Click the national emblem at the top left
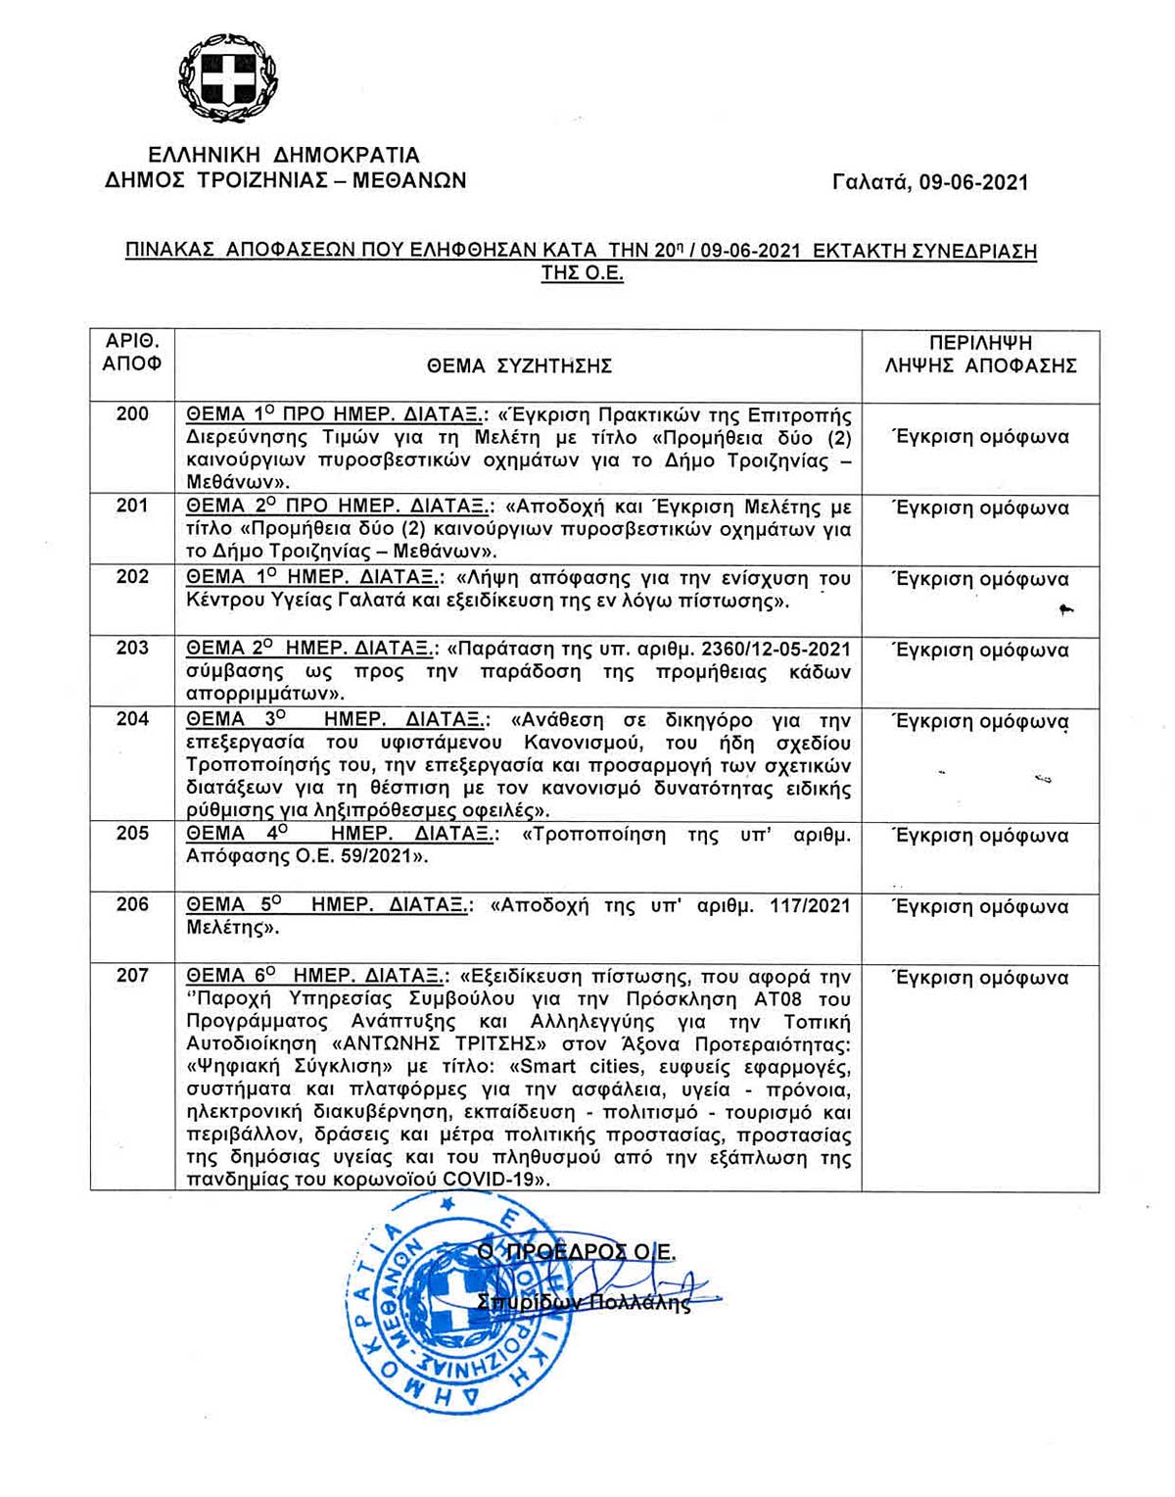click(x=221, y=77)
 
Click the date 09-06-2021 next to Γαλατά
click(x=973, y=182)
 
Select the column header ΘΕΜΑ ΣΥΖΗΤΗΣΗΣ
click(x=519, y=366)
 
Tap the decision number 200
click(x=132, y=413)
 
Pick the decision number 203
click(x=132, y=648)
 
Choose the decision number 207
click(x=132, y=975)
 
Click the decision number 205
click(x=132, y=834)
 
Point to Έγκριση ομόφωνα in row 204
click(x=980, y=721)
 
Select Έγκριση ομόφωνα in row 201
click(x=980, y=507)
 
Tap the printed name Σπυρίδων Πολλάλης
click(x=584, y=1303)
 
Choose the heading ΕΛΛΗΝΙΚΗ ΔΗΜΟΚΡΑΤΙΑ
click(x=284, y=156)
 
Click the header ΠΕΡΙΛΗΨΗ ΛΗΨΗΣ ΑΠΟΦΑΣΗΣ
click(x=980, y=355)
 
